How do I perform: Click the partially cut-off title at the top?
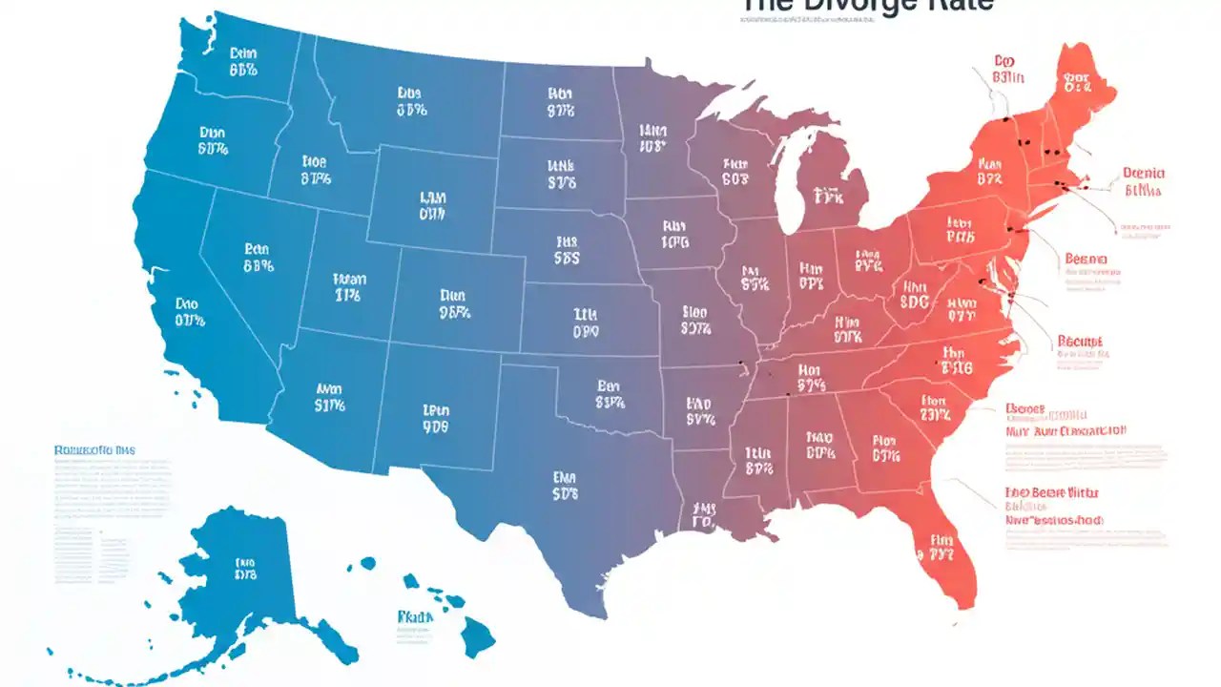pos(866,6)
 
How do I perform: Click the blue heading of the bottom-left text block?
pos(95,448)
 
